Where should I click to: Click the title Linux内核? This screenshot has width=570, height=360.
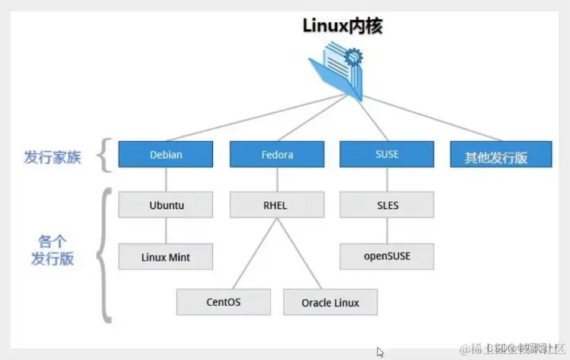point(342,25)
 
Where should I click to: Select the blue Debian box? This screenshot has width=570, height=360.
point(166,156)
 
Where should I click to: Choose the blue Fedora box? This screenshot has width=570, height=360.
point(277,156)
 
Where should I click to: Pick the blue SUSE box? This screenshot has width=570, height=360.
point(386,156)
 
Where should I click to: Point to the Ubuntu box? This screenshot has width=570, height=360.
point(166,205)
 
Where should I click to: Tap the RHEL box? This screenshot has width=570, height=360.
point(277,205)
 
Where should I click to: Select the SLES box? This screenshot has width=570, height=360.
point(386,205)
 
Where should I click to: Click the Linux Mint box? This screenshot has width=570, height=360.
point(166,256)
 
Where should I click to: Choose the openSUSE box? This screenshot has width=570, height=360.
point(386,256)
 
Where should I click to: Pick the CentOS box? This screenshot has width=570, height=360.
point(224,301)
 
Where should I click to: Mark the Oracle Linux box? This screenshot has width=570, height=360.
point(331,302)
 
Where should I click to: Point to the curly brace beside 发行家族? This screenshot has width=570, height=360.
point(105,156)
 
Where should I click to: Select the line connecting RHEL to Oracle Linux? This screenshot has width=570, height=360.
point(299,251)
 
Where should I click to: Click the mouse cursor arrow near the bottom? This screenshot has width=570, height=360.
point(381,352)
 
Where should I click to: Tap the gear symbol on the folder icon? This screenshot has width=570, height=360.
point(353,56)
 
